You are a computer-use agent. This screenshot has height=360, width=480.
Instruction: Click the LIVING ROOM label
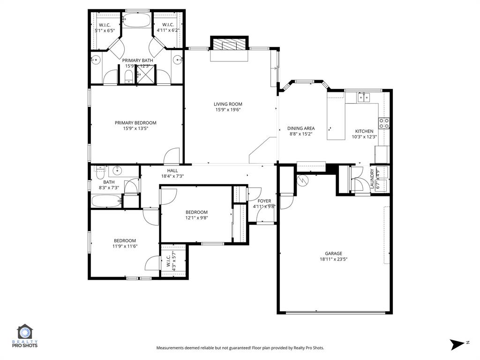click(228, 104)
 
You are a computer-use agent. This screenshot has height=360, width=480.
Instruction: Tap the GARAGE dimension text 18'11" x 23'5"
click(333, 259)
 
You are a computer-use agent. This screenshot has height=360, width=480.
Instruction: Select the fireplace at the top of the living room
click(229, 45)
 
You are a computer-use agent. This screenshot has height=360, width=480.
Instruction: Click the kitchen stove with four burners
click(384, 123)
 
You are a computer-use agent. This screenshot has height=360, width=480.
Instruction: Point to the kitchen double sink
click(363, 97)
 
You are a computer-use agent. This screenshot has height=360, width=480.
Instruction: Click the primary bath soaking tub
click(136, 20)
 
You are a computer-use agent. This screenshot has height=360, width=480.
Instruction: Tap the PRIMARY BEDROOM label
click(135, 123)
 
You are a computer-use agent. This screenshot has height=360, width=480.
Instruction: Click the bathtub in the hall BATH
click(106, 202)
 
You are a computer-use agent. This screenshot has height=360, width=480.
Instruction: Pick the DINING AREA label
click(300, 128)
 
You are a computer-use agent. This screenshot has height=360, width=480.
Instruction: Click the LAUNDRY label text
click(372, 179)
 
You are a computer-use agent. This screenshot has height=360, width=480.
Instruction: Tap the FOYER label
click(264, 201)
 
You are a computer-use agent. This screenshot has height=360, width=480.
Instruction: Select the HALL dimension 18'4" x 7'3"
click(172, 176)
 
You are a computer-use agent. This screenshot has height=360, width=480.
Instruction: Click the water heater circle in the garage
click(302, 180)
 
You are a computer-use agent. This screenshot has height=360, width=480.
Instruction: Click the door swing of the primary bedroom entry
click(172, 155)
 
